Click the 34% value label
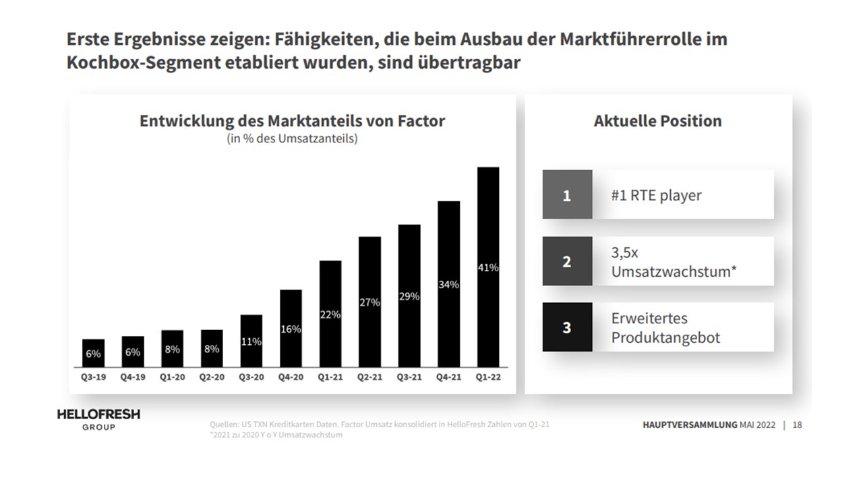point(448,285)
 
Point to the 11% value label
point(251,342)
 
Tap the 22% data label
point(330,315)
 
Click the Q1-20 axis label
point(172,377)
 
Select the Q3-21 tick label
point(409,377)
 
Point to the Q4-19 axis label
point(132,377)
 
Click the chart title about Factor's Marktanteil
point(292,122)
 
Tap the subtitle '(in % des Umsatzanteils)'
point(292,140)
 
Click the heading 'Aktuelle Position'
point(657,122)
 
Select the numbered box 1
point(567,195)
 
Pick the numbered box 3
point(567,327)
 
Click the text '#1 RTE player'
point(656,196)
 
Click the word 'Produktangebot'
point(665,337)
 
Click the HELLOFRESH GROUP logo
point(98,419)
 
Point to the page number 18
point(798,425)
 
